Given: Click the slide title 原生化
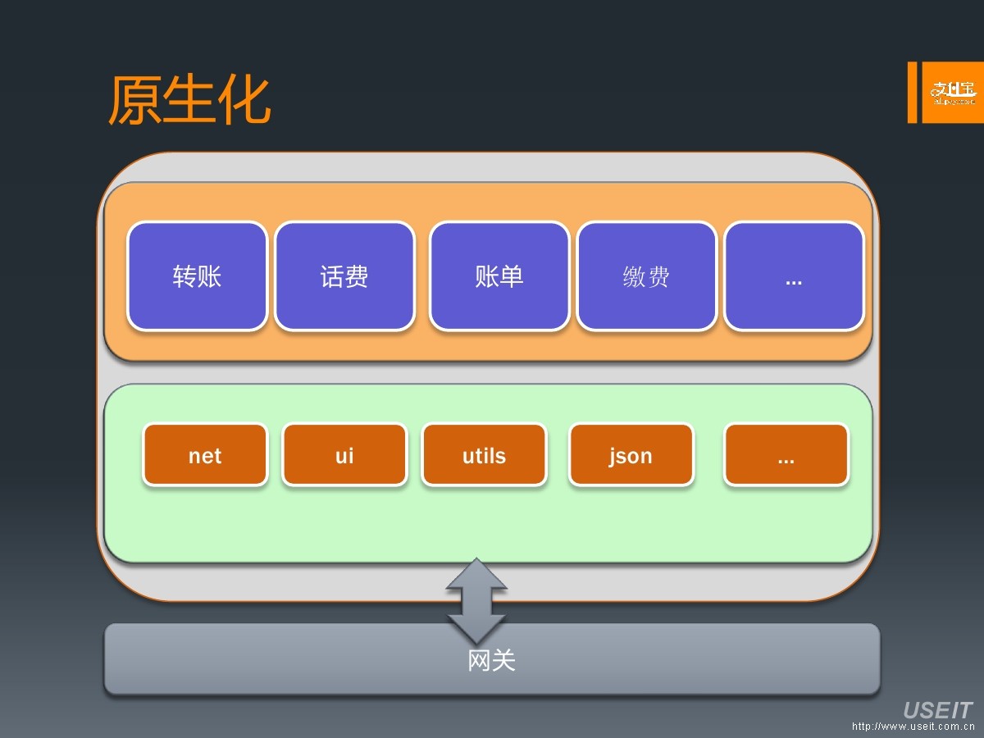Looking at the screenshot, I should coord(189,102).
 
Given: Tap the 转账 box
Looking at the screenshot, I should coord(198,276).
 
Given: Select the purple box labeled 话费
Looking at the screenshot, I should coord(344,276).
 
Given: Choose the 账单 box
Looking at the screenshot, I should coord(499,276).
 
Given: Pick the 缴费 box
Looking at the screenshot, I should coord(646,276).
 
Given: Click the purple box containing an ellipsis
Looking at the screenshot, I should coord(794,276).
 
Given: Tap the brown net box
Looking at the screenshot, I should coord(205,455).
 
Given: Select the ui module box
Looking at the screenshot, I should coord(344,455).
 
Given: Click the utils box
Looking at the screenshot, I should coord(484,455).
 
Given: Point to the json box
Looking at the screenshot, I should coord(631,455).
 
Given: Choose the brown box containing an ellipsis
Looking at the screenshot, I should coord(786,455).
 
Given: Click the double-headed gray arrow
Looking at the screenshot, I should coord(476,600).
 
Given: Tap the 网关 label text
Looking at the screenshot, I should coord(492,660).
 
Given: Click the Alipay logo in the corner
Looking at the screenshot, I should coord(953,93).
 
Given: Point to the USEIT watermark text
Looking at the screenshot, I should coord(937,710).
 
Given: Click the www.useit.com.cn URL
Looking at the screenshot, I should coord(913,727).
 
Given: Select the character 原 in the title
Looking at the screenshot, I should coord(134,102).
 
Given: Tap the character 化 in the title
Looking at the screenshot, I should coord(244,102).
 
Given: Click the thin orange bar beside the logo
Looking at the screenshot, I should coord(912,93).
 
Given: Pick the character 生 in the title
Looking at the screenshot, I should coord(189,102).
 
